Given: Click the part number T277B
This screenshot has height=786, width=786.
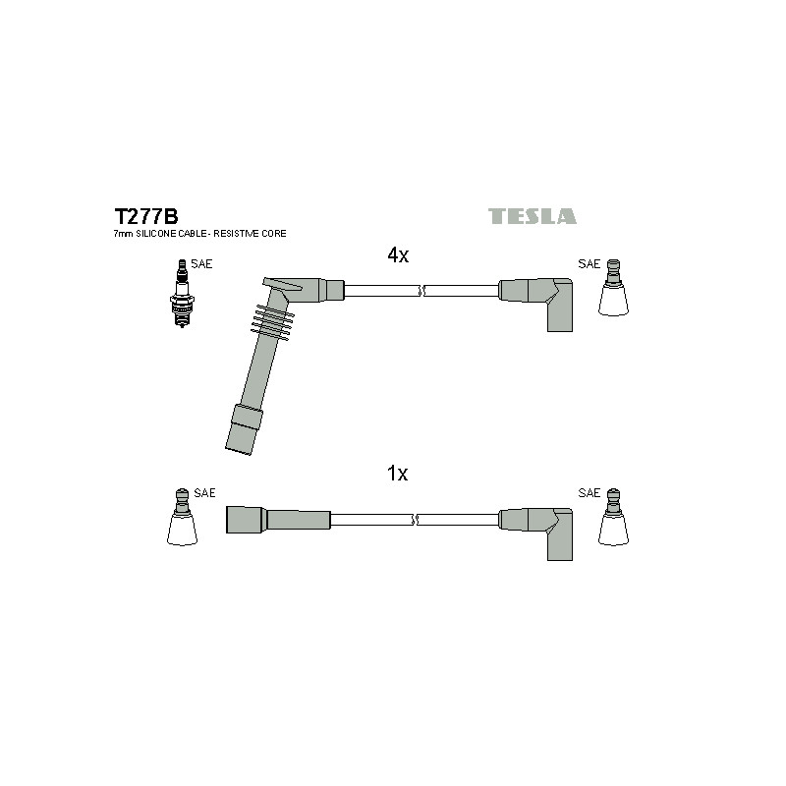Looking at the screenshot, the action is pos(146,216).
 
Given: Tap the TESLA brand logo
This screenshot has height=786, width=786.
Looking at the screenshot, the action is pos(533,216).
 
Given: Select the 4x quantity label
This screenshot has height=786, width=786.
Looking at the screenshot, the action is pos(398,255).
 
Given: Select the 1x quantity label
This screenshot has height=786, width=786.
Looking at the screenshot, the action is pos(398,474).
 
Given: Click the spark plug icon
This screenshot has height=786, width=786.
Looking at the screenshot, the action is pos(182,294).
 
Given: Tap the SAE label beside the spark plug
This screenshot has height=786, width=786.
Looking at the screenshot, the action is pos(201,264).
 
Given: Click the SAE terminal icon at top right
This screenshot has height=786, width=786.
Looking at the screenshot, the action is pos(613,288).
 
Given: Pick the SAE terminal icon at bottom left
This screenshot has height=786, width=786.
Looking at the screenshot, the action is pos(182,518).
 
